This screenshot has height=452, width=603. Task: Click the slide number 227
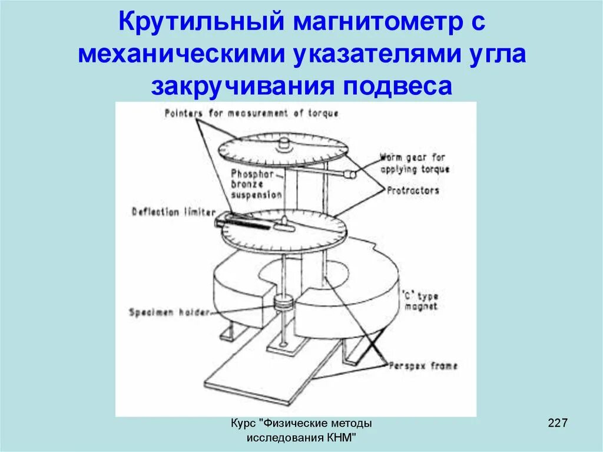pyautogui.click(x=557, y=423)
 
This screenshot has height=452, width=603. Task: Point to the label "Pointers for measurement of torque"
pyautogui.click(x=251, y=113)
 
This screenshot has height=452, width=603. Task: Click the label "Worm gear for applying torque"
pyautogui.click(x=414, y=163)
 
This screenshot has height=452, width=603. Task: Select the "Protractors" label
pyautogui.click(x=413, y=190)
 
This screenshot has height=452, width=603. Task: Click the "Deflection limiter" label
pyautogui.click(x=173, y=212)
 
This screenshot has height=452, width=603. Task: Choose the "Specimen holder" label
pyautogui.click(x=169, y=312)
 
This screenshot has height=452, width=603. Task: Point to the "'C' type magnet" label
pyautogui.click(x=420, y=301)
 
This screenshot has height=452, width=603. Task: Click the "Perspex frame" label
pyautogui.click(x=422, y=366)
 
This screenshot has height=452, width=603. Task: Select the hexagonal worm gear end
pyautogui.click(x=350, y=174)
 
